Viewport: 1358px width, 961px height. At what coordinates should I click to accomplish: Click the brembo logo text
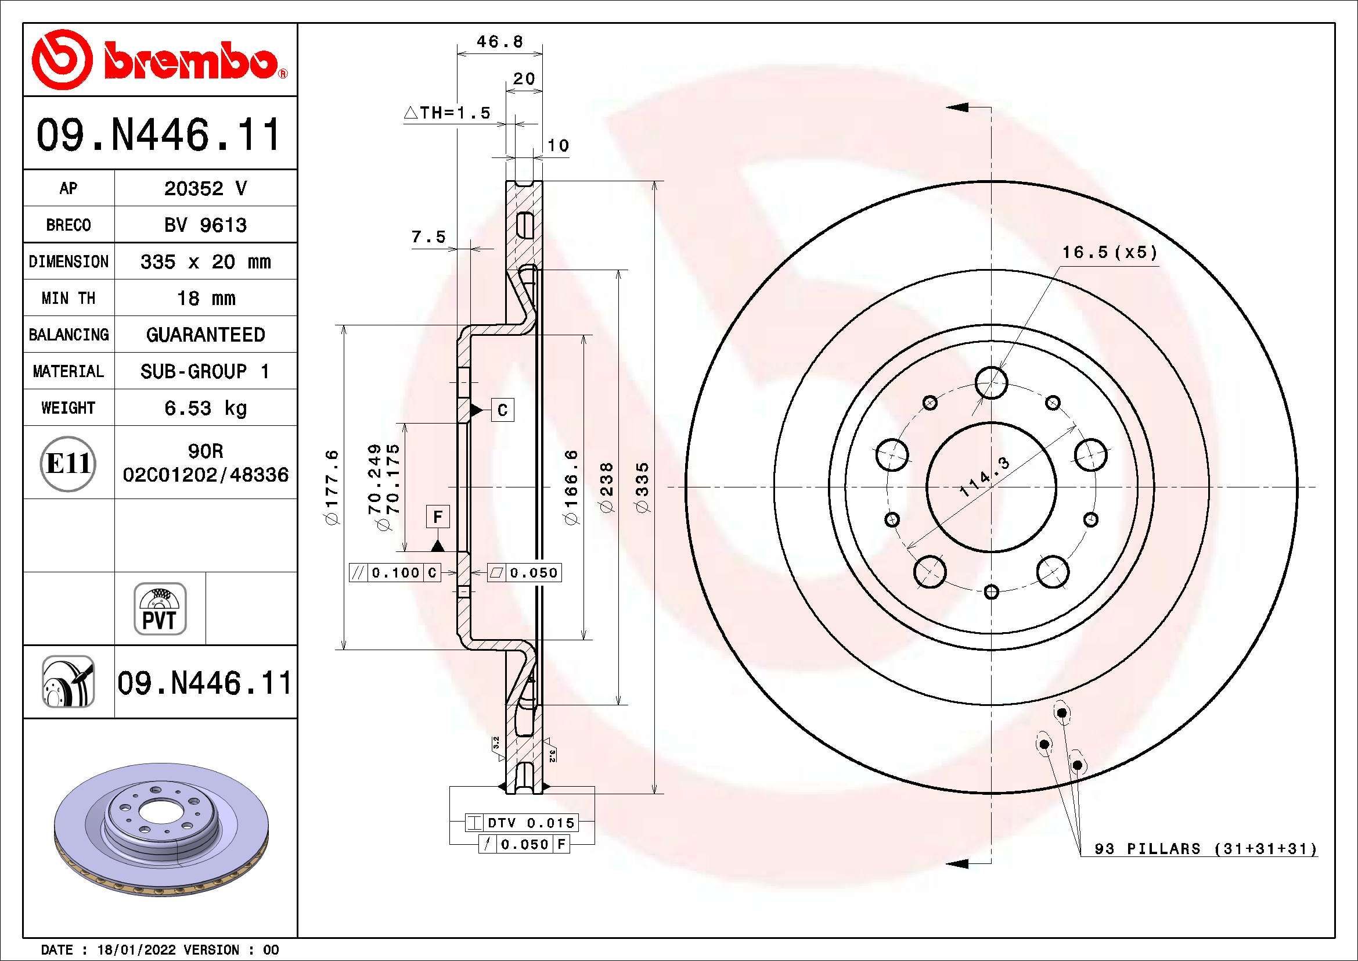point(190,61)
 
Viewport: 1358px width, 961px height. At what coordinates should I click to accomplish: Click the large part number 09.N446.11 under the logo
point(159,135)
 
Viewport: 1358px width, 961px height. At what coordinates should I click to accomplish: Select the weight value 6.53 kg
point(205,408)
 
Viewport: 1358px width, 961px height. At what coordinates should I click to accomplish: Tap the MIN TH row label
point(68,298)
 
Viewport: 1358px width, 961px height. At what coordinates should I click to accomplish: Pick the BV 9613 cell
point(205,225)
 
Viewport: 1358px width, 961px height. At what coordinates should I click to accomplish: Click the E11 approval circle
point(68,463)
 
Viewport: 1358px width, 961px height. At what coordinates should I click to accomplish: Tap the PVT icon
point(160,609)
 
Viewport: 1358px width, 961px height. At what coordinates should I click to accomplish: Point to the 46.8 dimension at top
point(500,42)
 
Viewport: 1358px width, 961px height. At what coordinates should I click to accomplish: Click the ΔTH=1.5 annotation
point(447,113)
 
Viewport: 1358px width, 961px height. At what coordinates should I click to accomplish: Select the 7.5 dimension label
point(428,237)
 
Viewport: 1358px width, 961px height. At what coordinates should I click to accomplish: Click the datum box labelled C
point(503,410)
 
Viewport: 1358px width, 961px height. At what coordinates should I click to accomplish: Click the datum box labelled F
point(438,517)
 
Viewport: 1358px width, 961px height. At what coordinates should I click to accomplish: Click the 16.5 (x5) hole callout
point(1109,253)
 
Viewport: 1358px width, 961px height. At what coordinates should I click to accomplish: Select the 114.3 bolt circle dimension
point(984,477)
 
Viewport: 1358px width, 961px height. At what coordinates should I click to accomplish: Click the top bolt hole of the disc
point(991,382)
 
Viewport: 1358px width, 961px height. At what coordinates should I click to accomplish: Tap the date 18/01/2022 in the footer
point(136,950)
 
